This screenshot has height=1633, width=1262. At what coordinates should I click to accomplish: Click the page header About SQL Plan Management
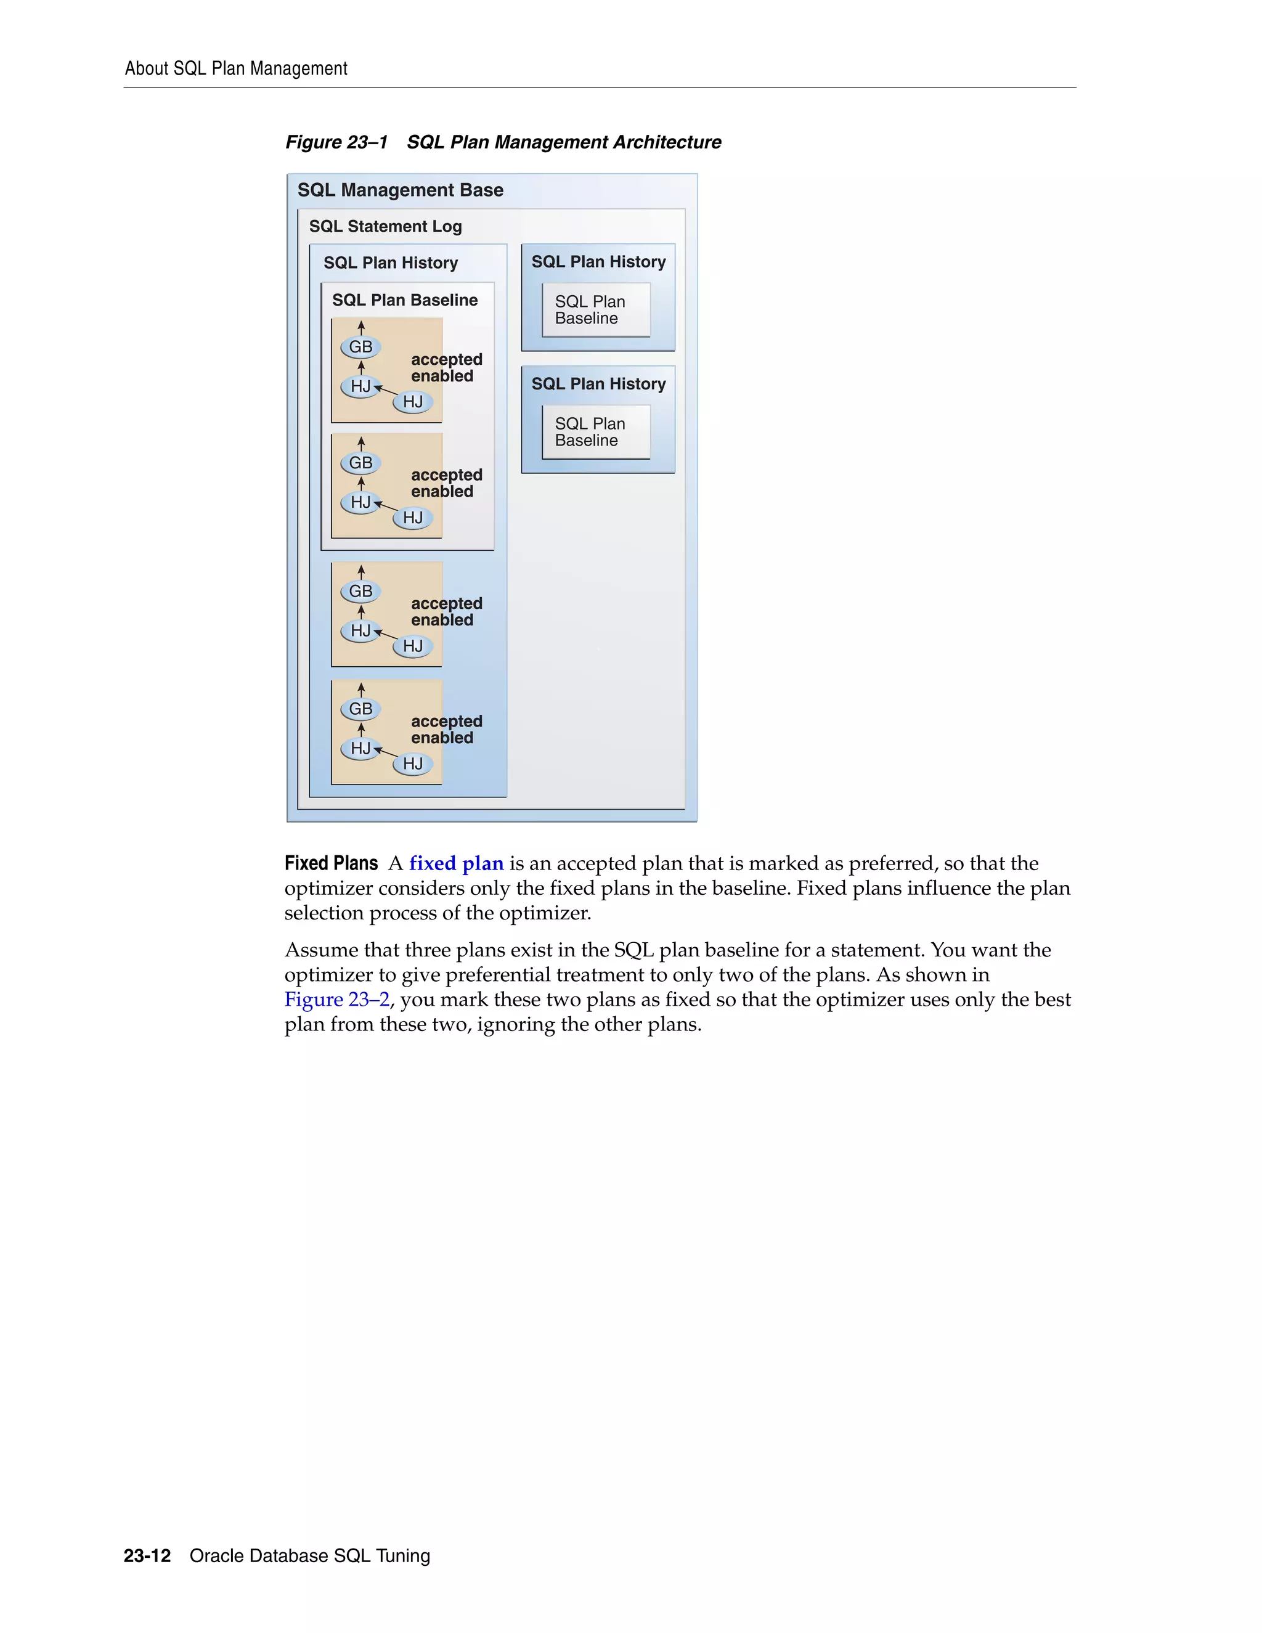(x=235, y=69)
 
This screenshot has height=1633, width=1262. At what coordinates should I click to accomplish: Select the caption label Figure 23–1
(x=336, y=142)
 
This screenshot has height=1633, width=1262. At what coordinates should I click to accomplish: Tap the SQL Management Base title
(x=400, y=190)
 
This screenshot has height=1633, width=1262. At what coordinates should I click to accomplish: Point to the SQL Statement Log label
(x=385, y=226)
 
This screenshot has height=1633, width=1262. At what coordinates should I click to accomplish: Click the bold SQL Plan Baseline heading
(x=404, y=300)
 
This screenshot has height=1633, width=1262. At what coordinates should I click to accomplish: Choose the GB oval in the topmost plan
(x=360, y=347)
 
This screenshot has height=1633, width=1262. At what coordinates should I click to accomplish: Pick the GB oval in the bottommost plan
(x=360, y=708)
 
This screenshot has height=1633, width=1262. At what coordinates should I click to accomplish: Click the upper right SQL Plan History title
(x=598, y=262)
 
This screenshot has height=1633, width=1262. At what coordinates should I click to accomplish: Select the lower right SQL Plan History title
(x=598, y=383)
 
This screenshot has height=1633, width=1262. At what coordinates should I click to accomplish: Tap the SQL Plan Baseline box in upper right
(x=595, y=309)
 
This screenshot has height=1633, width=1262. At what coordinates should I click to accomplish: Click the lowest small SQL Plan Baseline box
(x=595, y=432)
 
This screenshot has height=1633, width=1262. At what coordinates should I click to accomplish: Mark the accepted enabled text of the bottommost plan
(x=446, y=729)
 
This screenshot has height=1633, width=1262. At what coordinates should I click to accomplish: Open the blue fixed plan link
(x=456, y=863)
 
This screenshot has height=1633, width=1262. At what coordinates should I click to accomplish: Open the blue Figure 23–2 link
(x=336, y=1000)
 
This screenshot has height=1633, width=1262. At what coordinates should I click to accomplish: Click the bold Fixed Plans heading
(x=331, y=863)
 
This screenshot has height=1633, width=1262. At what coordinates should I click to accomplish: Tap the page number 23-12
(x=147, y=1556)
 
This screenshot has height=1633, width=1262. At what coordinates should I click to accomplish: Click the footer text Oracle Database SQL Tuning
(x=309, y=1556)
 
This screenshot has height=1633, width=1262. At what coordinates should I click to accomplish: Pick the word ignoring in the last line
(x=516, y=1024)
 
